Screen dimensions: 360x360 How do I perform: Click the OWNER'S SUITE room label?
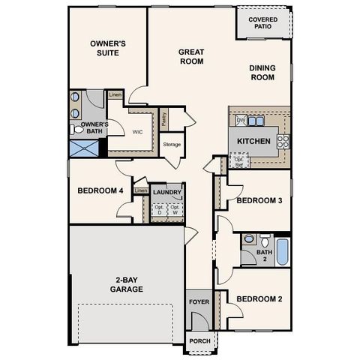(x=107, y=49)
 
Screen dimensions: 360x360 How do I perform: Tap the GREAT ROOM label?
(x=191, y=58)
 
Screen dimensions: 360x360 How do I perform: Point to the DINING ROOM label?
(x=262, y=73)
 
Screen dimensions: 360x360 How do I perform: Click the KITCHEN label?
(x=253, y=141)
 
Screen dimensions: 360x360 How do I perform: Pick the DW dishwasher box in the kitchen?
(x=241, y=120)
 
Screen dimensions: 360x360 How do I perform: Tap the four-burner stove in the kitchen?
(x=283, y=140)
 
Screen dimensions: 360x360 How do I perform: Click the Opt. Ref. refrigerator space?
(x=238, y=161)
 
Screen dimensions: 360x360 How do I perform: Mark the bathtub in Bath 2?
(x=282, y=251)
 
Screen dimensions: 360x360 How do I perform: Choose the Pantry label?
(x=164, y=118)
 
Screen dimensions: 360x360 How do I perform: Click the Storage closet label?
(x=172, y=144)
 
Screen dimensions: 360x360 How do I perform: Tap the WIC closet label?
(x=137, y=131)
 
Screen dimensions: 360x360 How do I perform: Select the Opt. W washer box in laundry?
(x=175, y=210)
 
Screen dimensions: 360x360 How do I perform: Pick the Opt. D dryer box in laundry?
(x=158, y=210)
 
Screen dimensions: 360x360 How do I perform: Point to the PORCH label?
(x=199, y=340)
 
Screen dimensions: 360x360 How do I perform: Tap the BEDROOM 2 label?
(x=259, y=299)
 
